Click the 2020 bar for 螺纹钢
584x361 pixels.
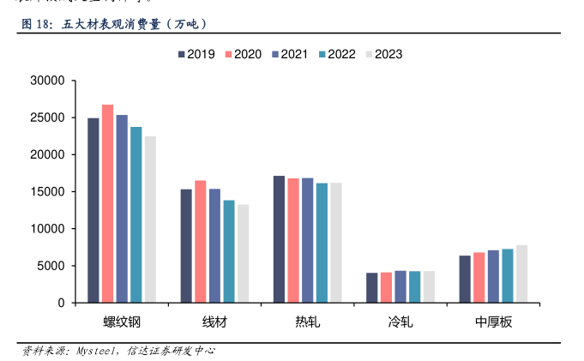click(107, 204)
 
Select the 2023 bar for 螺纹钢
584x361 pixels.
click(150, 220)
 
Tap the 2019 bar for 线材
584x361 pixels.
click(186, 246)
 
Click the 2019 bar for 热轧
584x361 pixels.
click(279, 239)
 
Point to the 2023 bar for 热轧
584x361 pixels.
click(336, 243)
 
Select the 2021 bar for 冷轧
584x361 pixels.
click(400, 286)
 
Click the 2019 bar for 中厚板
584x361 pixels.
click(465, 279)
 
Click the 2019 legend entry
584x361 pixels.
click(196, 54)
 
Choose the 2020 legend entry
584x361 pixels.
click(243, 54)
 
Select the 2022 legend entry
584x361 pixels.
click(336, 54)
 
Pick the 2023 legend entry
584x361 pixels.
click(382, 54)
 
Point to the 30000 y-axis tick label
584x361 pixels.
click(47, 81)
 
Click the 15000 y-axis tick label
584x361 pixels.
click(47, 192)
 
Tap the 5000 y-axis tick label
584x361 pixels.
click(51, 266)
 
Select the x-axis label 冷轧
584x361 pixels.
click(400, 322)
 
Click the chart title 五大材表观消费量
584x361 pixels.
click(111, 24)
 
